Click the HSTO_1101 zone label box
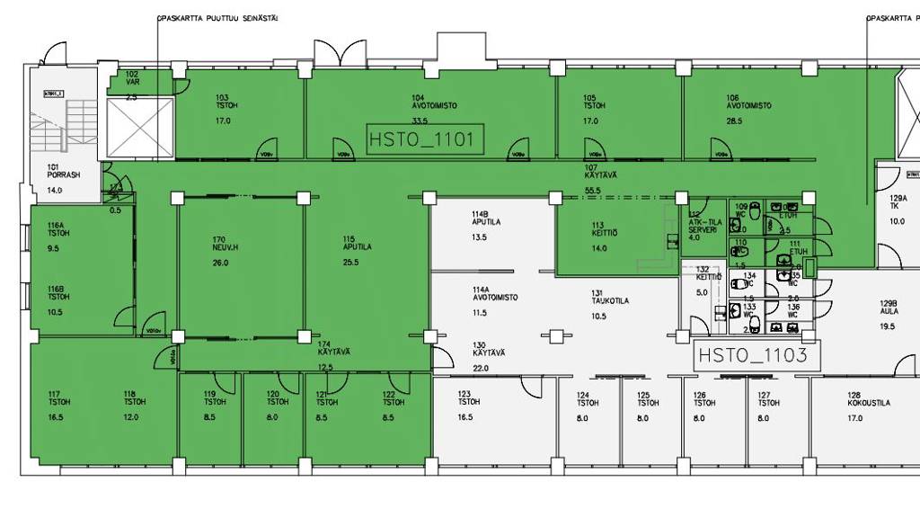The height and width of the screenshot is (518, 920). point(425,139)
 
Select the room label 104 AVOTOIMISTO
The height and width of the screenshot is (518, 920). point(434,101)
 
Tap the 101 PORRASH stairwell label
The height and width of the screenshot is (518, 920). point(64,171)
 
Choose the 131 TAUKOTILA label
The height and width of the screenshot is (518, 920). point(609,298)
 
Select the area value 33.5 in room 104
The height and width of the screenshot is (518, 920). point(420,121)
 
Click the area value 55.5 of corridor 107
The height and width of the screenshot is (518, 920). point(592,191)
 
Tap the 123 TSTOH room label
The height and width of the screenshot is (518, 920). point(464,398)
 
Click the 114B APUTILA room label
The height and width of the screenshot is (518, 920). point(486,219)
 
